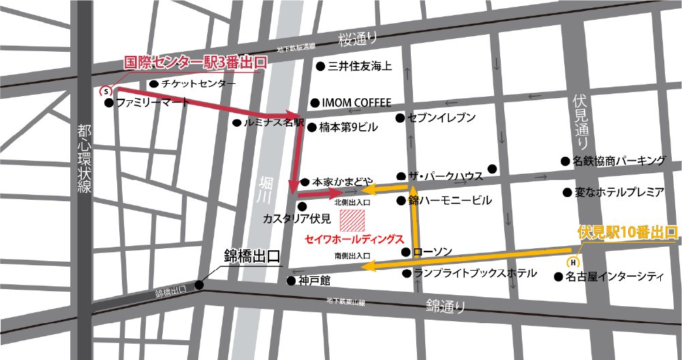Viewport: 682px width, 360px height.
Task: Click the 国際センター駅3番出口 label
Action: click(195, 63)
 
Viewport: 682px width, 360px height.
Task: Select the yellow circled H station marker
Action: click(573, 261)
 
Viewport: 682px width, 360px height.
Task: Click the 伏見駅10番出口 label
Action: click(627, 232)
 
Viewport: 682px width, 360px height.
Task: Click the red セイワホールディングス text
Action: click(354, 240)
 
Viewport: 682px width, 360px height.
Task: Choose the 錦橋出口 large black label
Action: click(252, 258)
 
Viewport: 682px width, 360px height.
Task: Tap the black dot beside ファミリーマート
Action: click(108, 104)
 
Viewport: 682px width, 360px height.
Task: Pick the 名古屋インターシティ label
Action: click(616, 277)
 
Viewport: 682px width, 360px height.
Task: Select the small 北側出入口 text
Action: click(352, 202)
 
